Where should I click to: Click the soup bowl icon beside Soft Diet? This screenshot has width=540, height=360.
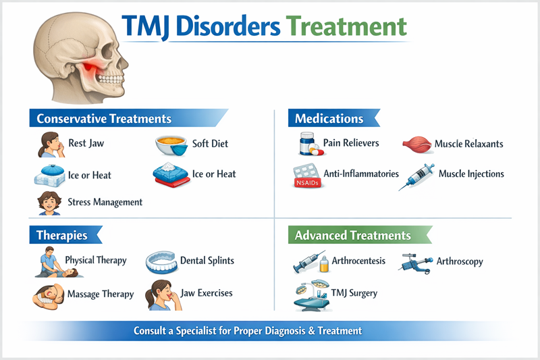click(x=171, y=145)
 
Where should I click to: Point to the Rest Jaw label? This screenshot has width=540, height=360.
click(x=86, y=144)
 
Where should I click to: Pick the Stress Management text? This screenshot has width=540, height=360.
click(x=105, y=201)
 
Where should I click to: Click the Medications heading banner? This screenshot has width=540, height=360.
click(x=329, y=119)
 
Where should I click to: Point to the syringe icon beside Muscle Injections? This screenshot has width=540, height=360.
click(x=415, y=176)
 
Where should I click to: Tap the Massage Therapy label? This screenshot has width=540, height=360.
click(x=101, y=294)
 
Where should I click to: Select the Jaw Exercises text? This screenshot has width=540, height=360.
click(x=206, y=293)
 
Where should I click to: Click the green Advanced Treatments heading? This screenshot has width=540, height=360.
click(x=353, y=236)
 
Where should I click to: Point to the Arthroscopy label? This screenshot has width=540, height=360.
click(x=460, y=261)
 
